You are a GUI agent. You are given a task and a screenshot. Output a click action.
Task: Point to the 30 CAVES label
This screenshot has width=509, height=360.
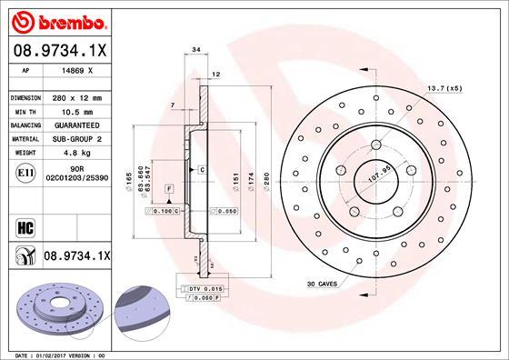click(322, 285)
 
